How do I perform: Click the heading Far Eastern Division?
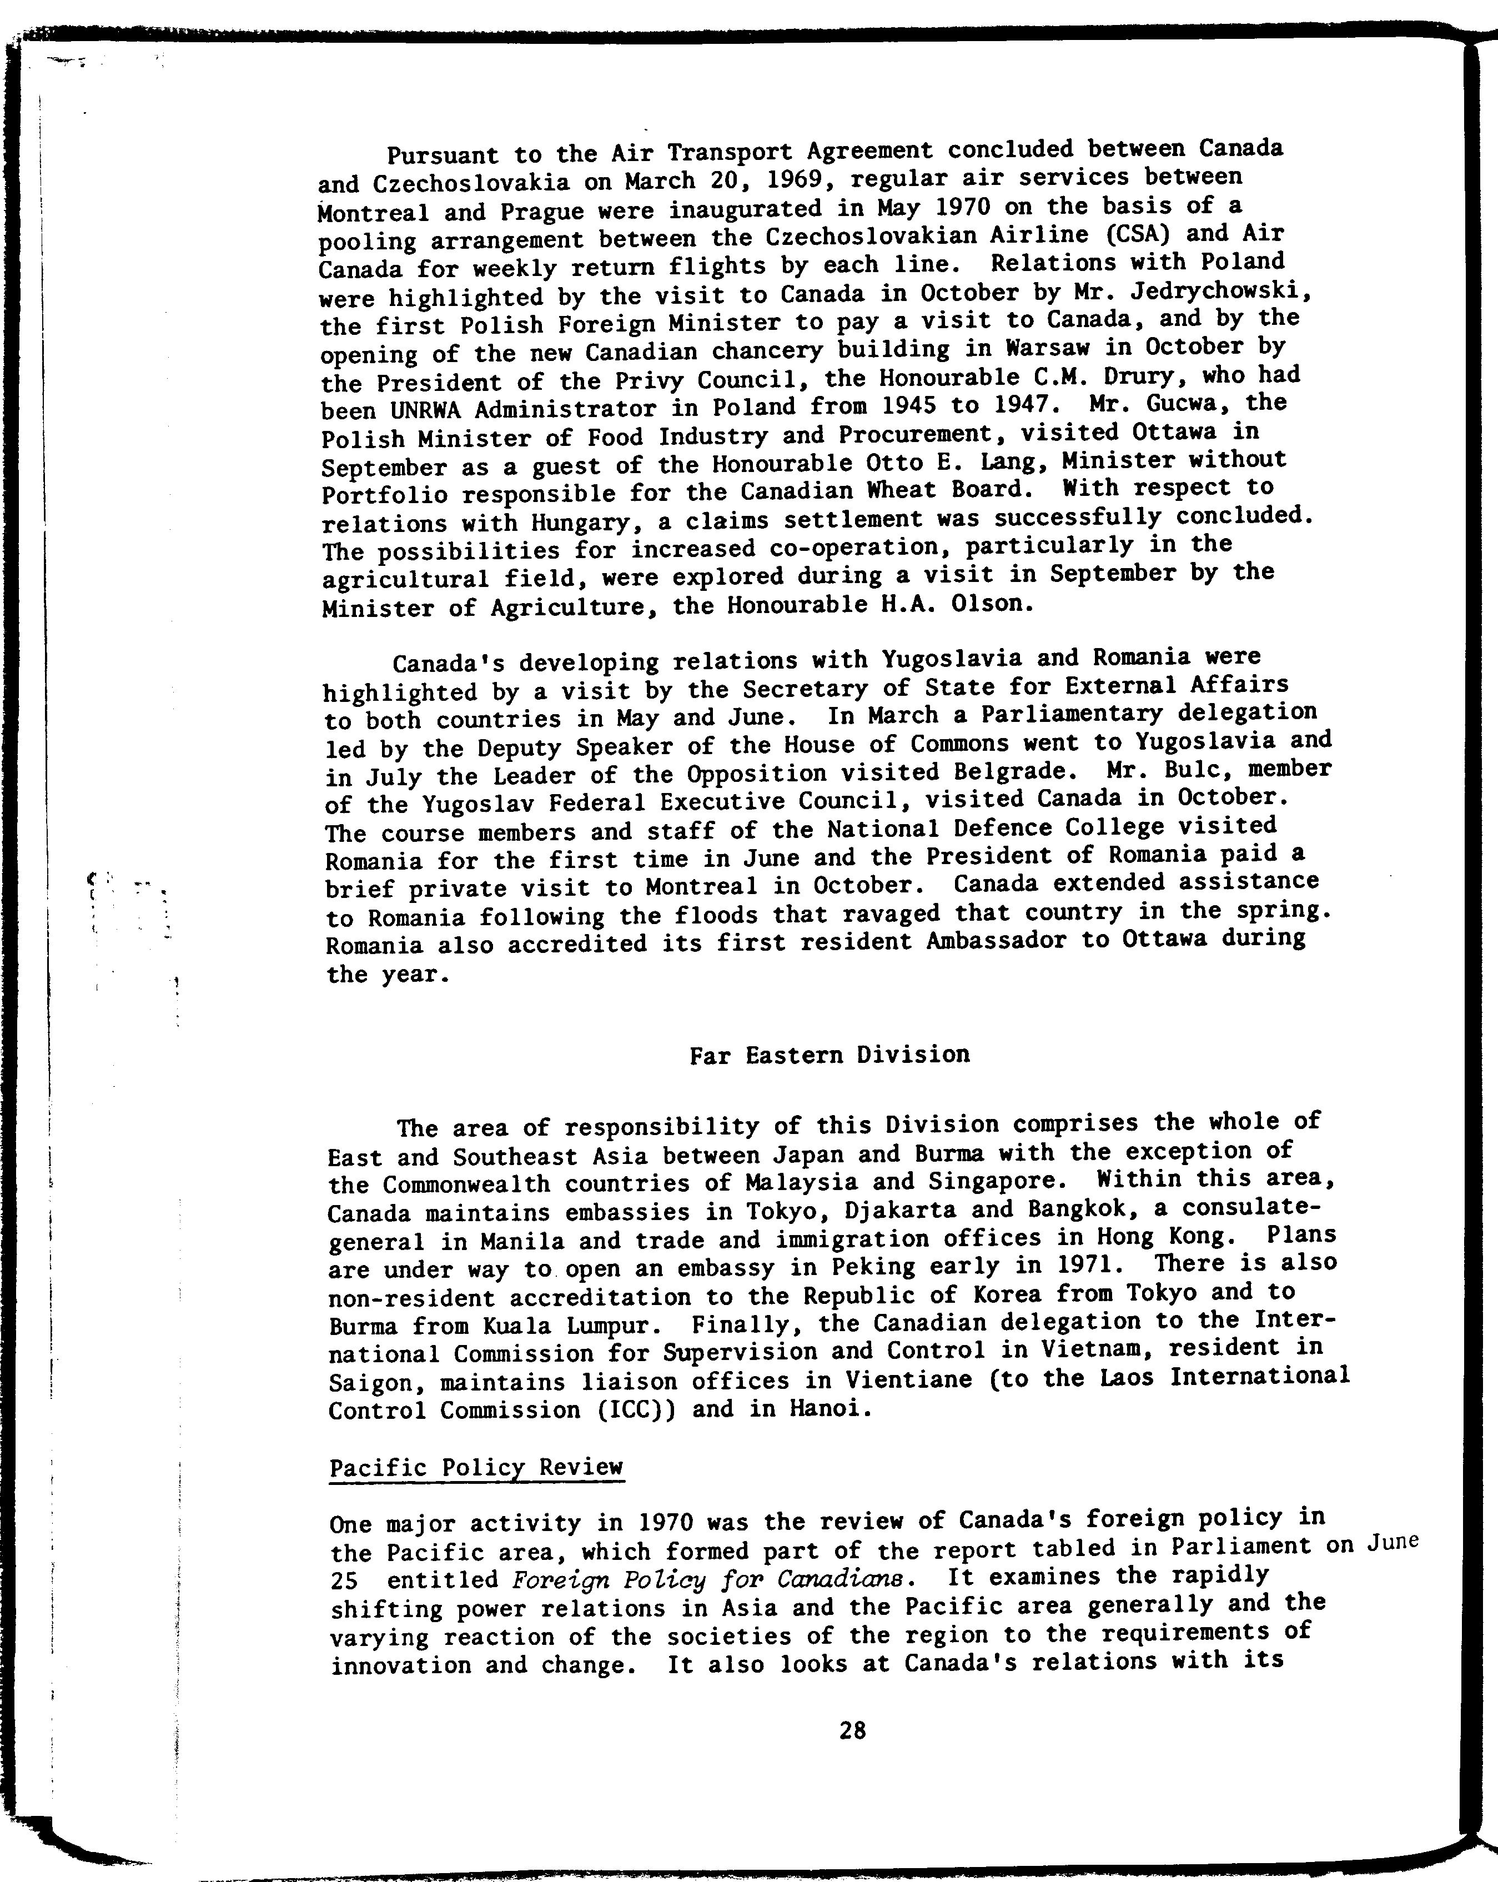[x=830, y=1055]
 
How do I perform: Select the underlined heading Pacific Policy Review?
[x=476, y=1467]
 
